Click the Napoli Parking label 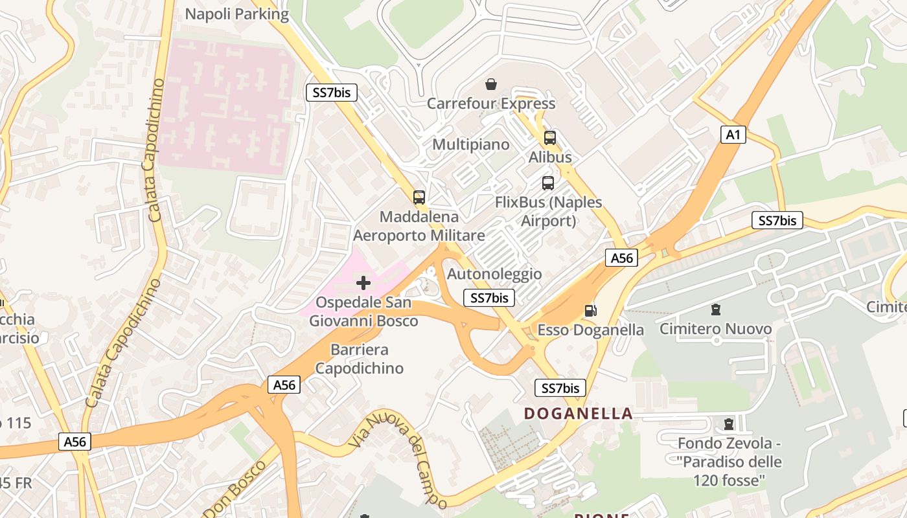236,14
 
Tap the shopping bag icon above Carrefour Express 491,84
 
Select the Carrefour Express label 491,104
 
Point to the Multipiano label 471,144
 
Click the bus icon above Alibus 550,138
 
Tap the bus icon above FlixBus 548,183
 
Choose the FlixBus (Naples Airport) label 548,212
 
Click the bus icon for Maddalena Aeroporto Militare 419,197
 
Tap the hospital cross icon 363,283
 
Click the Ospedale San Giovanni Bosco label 363,311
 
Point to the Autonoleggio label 494,274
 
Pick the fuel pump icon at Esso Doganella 590,311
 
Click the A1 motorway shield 733,135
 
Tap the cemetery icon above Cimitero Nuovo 715,310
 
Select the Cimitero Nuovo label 715,329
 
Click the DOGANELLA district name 578,413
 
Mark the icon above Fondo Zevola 729,424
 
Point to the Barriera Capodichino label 359,359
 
